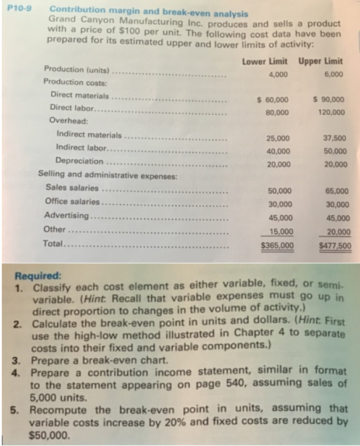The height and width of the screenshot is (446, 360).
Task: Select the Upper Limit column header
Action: click(x=321, y=61)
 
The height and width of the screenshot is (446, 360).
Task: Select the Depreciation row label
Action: click(x=80, y=162)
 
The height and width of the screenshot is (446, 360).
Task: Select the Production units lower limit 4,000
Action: click(x=278, y=74)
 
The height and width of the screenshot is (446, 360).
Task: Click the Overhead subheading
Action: click(x=65, y=121)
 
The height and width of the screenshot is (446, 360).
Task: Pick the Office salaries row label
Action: click(x=72, y=202)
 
